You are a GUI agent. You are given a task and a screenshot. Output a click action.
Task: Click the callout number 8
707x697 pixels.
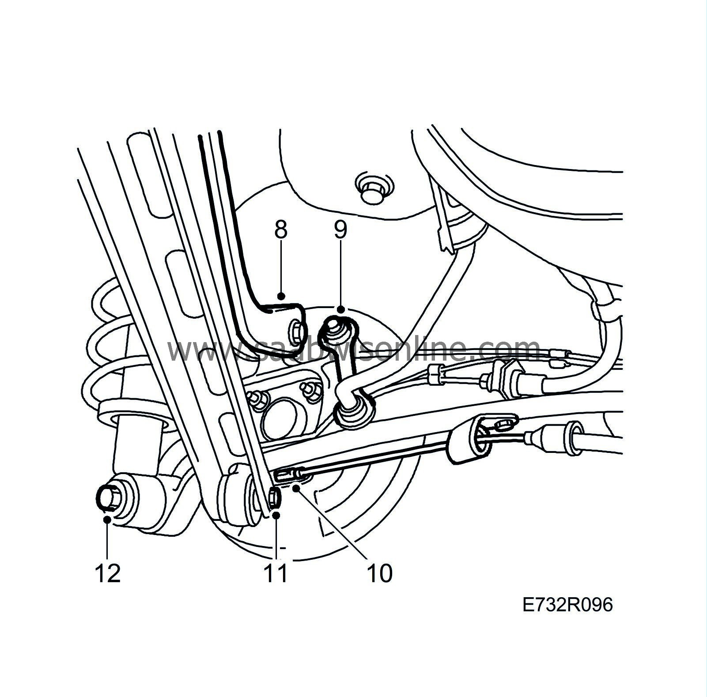point(281,230)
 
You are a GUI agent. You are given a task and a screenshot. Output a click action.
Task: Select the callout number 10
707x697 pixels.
point(379,573)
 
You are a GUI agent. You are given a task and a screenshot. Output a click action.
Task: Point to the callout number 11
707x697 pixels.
point(276,573)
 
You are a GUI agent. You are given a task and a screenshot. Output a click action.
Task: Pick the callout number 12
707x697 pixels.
point(107,573)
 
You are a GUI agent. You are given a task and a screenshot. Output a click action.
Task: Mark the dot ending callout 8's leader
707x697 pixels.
point(281,296)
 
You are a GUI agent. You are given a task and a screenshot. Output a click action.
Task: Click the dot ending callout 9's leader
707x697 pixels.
point(340,310)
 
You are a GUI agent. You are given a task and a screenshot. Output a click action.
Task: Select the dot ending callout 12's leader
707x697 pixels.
point(107,520)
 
